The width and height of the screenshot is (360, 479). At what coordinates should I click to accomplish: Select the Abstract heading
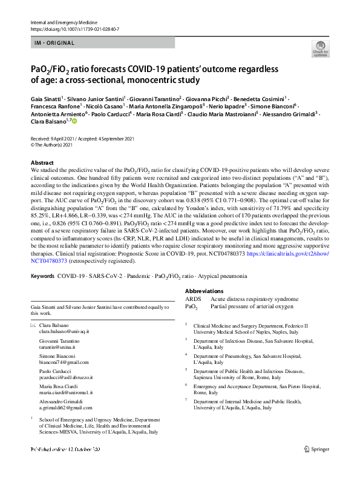coord(42,163)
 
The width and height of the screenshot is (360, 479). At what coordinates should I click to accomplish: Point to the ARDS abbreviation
coord(194,299)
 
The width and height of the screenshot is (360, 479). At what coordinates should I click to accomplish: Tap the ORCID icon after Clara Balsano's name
coord(75,121)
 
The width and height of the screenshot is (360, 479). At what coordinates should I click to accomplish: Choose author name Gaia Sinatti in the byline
coord(45,97)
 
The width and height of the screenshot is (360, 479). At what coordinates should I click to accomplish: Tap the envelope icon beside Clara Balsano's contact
coord(33,326)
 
